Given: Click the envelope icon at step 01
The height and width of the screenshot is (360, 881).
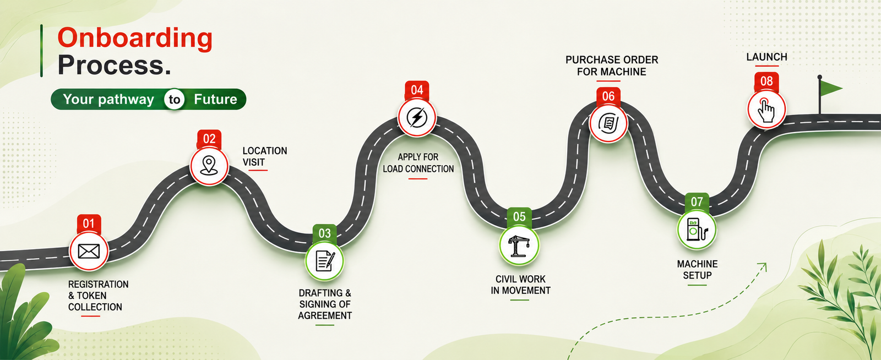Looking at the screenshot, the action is [89, 251].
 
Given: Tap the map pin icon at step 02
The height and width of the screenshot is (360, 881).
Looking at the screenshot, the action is [209, 165].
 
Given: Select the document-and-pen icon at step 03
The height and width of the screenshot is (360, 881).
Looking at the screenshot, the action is [325, 260].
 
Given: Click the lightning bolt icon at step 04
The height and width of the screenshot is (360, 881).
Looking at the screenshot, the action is [417, 117].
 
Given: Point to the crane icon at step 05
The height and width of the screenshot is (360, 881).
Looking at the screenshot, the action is [519, 246].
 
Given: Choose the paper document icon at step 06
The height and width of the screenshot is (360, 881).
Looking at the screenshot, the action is [608, 123].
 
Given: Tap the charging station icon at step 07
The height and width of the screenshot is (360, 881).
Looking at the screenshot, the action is [697, 230].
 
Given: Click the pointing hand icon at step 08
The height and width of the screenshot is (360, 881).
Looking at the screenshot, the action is [766, 110].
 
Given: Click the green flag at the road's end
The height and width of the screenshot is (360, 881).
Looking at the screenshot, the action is [830, 88].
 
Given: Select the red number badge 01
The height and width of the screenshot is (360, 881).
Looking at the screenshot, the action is [89, 223].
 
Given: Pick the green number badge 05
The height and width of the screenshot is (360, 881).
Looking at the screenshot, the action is [519, 216].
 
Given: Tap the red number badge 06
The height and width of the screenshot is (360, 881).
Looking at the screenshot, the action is [608, 96].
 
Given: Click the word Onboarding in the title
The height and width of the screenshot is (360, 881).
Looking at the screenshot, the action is [135, 39].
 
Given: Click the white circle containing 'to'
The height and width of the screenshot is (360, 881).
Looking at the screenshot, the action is [174, 100].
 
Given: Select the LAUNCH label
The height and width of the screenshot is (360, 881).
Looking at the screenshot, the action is [766, 57].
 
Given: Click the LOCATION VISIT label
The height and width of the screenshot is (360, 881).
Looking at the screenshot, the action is [264, 156].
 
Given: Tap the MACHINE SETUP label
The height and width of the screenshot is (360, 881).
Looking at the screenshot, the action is [697, 270].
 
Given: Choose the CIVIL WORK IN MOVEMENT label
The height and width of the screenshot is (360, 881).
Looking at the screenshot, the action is [520, 285].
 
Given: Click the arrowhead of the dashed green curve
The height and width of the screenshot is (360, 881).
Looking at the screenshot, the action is [763, 266].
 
